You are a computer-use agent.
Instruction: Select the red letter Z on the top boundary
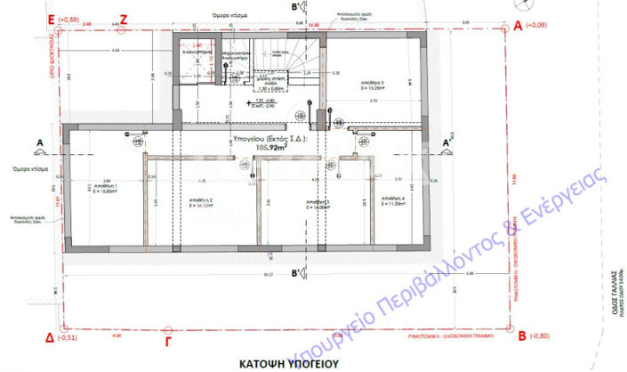(124, 18)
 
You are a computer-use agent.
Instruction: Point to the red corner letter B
(521, 337)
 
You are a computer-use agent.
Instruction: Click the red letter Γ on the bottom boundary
(169, 339)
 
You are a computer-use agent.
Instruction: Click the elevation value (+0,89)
(68, 19)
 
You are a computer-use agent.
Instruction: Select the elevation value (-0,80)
(540, 337)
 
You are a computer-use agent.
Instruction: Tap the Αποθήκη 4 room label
(391, 198)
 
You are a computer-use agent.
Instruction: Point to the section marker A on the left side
(38, 142)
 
